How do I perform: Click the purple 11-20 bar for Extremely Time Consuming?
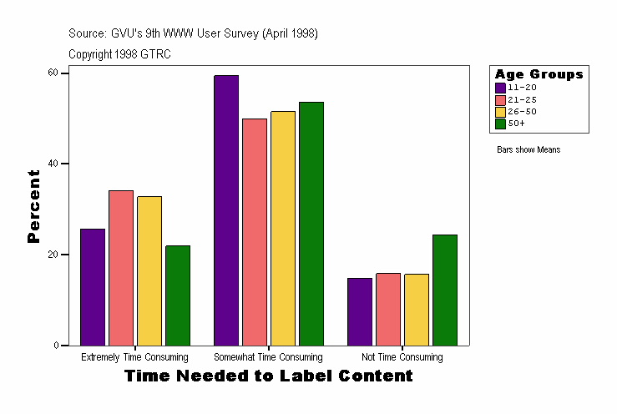tap(93, 287)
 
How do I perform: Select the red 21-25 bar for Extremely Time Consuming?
tap(121, 268)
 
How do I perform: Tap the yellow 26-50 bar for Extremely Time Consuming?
tap(149, 270)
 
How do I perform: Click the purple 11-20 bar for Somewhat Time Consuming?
tap(226, 210)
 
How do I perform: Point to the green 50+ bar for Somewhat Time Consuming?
tap(311, 224)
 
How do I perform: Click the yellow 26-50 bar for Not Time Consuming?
tap(417, 310)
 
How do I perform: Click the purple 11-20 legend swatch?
tap(500, 87)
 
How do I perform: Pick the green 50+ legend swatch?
tap(500, 124)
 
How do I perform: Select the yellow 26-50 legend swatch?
tap(500, 111)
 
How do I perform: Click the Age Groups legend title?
tap(539, 74)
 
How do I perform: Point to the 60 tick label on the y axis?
tap(53, 73)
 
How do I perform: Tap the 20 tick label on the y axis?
tap(53, 255)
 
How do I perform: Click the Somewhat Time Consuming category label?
tap(268, 357)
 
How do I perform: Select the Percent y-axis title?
tap(33, 206)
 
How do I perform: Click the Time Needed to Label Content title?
tap(268, 376)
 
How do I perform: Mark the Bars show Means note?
tap(528, 150)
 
